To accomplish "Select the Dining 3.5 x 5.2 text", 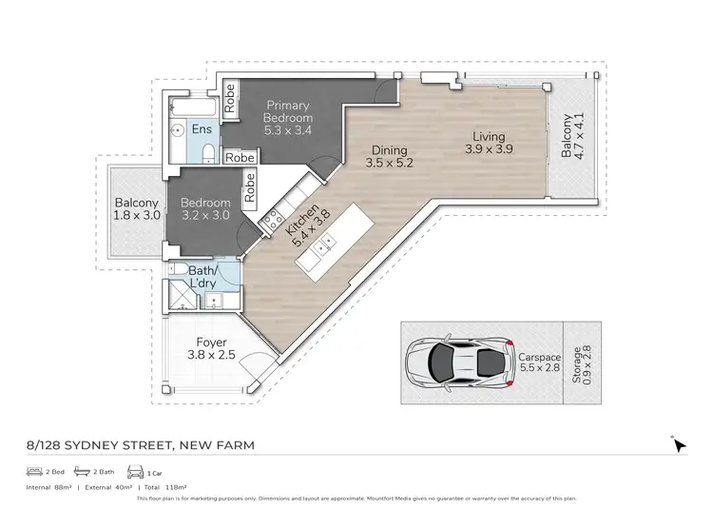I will pos(390,156).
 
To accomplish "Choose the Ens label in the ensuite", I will pos(202,128).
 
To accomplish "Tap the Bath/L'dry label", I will pos(201,278).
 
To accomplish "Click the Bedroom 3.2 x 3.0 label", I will pos(206,209).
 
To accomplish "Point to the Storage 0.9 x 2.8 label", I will pos(579,361).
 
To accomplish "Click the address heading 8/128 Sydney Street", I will pos(140,444).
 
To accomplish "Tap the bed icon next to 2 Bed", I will pos(32,472).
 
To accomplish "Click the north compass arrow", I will pos(679,444).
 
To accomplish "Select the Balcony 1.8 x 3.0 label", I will pos(137,209).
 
